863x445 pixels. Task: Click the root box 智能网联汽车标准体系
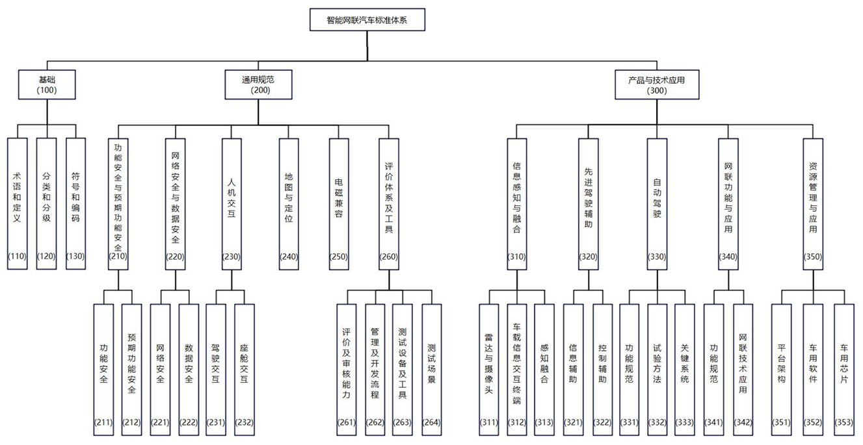pyautogui.click(x=367, y=19)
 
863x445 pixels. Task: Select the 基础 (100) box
pyautogui.click(x=47, y=85)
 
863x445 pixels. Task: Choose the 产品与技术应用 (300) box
pyautogui.click(x=657, y=85)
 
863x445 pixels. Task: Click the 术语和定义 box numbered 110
pyautogui.click(x=18, y=204)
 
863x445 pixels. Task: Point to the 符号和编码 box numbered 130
pyautogui.click(x=75, y=204)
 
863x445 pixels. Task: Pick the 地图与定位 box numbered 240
pyautogui.click(x=289, y=204)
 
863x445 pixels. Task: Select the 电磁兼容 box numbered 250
pyautogui.click(x=339, y=204)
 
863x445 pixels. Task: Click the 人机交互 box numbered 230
pyautogui.click(x=232, y=204)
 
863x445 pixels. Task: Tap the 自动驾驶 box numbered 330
pyautogui.click(x=657, y=204)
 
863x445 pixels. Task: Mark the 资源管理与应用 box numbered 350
pyautogui.click(x=813, y=204)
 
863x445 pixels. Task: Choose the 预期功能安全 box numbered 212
pyautogui.click(x=132, y=369)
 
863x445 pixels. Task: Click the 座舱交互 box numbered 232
pyautogui.click(x=244, y=369)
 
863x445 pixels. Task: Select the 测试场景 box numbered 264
pyautogui.click(x=431, y=369)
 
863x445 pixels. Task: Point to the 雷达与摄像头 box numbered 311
pyautogui.click(x=488, y=369)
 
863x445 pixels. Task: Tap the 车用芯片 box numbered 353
pyautogui.click(x=843, y=369)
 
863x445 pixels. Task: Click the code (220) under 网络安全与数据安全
pyautogui.click(x=176, y=257)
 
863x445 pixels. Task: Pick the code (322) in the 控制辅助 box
pyautogui.click(x=602, y=423)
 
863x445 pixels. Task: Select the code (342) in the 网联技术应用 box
pyautogui.click(x=743, y=423)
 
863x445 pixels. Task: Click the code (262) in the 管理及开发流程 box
pyautogui.click(x=375, y=423)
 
